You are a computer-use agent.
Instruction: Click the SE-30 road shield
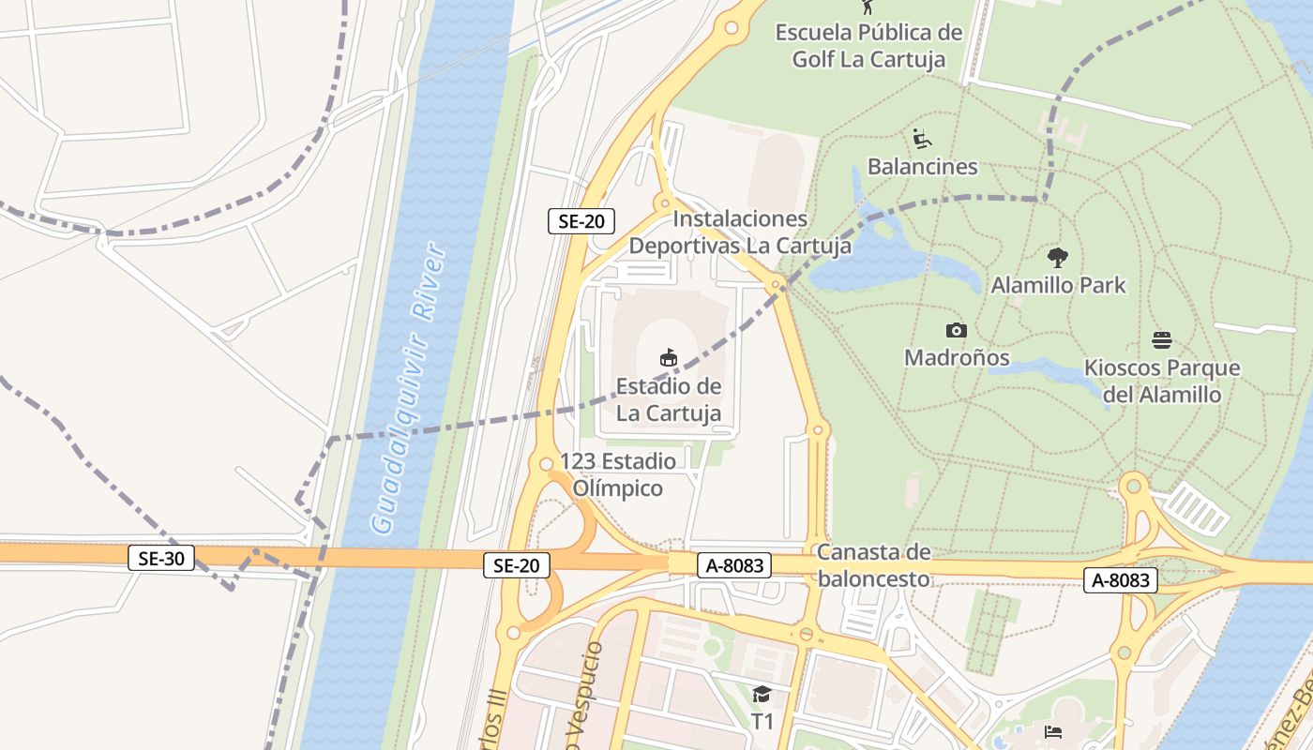tap(160, 559)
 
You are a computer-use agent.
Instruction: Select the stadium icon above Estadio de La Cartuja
tap(669, 357)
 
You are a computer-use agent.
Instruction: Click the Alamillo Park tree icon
tap(1058, 257)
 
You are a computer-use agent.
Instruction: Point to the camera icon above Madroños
tap(956, 330)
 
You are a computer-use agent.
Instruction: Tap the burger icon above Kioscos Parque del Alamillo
tap(1162, 340)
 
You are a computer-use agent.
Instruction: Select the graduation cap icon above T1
tap(762, 695)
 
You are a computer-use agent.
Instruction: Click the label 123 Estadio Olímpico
tap(617, 474)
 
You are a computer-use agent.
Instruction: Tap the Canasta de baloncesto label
tap(873, 565)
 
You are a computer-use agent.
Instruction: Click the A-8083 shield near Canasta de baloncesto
tap(734, 565)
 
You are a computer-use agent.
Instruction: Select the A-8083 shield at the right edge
tap(1121, 580)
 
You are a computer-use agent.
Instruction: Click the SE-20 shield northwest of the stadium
tap(581, 221)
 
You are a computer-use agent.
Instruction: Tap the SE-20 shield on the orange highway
tap(517, 565)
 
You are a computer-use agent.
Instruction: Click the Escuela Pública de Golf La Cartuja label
tap(868, 46)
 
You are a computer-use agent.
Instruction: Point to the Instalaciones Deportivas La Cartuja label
tap(740, 232)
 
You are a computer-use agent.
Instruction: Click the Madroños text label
tap(957, 357)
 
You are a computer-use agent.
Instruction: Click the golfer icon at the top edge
tap(868, 7)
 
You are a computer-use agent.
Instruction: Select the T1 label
tap(762, 722)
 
